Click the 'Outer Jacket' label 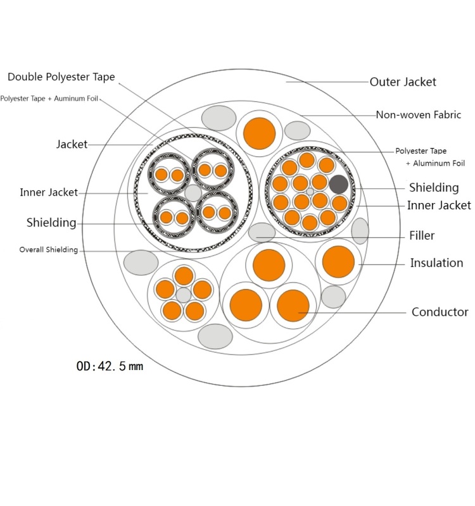point(403,82)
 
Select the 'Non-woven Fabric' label point(419,115)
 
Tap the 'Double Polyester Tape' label point(61,77)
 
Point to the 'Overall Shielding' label point(49,250)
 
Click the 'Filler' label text point(422,235)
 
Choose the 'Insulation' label point(436,263)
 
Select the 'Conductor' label point(440,312)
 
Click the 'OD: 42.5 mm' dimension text point(110,366)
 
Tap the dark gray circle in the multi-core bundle point(339,184)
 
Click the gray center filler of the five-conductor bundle point(184,295)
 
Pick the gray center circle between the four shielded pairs point(193,194)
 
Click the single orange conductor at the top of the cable point(259,133)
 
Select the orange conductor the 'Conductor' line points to point(293,305)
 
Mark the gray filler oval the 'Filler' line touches point(262,233)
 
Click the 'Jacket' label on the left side point(72,144)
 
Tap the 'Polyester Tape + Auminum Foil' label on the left point(49,99)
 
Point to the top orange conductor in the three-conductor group point(269,265)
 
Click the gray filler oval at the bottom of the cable point(215,336)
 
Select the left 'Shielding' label point(51,223)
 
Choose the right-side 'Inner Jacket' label point(439,205)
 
